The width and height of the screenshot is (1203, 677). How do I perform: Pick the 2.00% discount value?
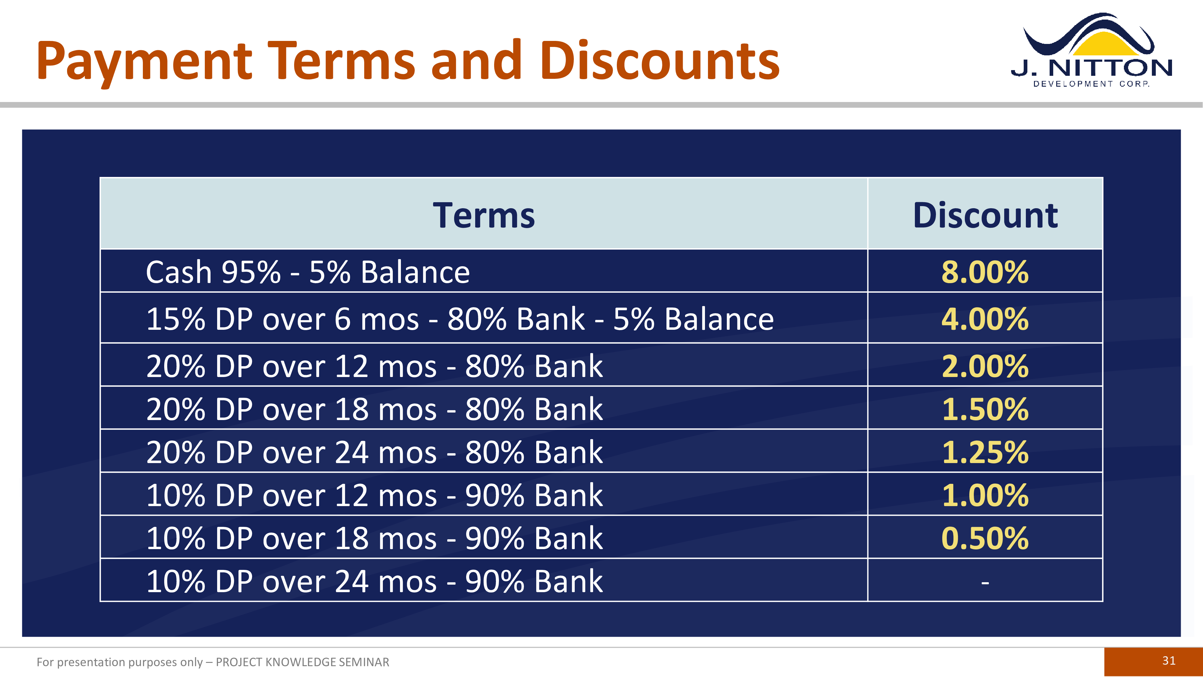click(985, 366)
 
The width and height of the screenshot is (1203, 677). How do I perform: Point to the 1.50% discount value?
click(985, 409)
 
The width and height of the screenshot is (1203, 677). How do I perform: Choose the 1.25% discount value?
click(985, 452)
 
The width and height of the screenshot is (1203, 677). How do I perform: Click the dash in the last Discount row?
click(985, 582)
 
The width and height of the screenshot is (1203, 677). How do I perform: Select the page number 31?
click(1169, 661)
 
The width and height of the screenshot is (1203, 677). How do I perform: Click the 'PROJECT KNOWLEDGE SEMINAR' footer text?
click(302, 662)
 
